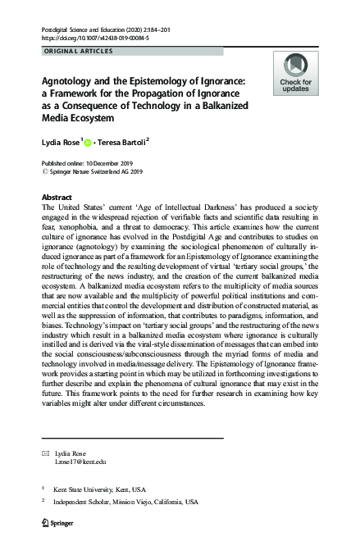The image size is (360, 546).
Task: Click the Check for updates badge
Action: coord(294,73)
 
